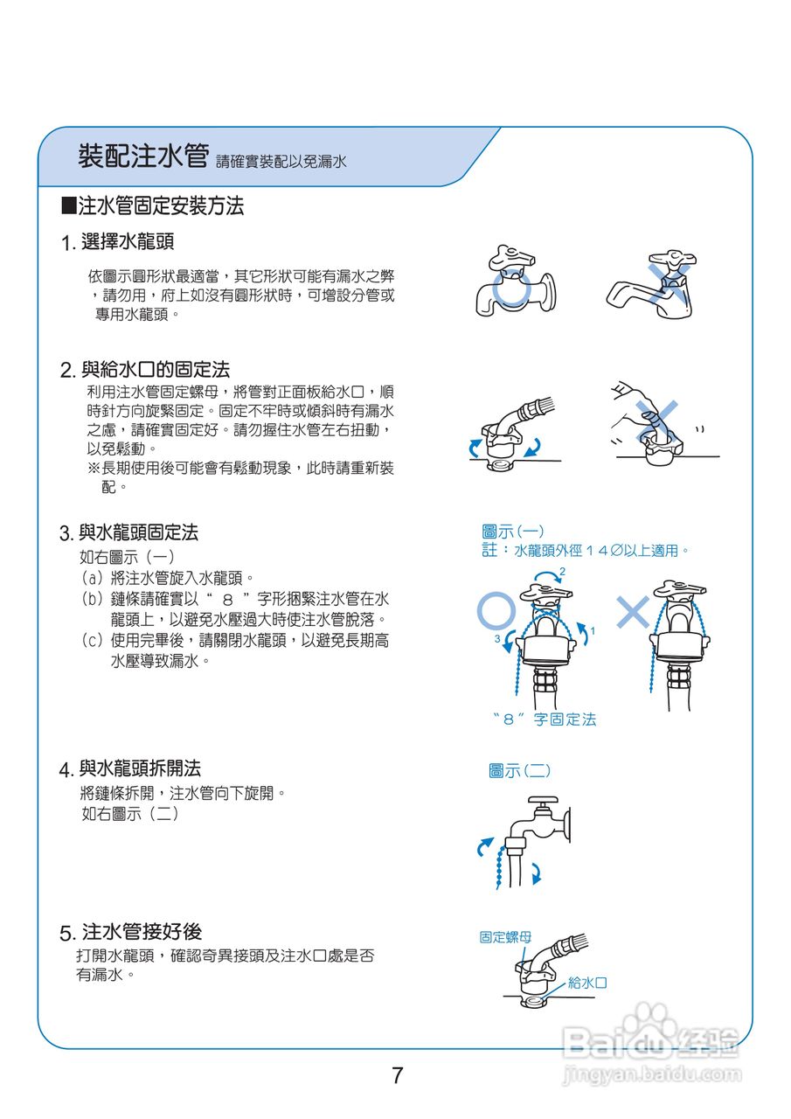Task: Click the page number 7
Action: (398, 1074)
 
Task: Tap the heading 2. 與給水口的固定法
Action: (145, 369)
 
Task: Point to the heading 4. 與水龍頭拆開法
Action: (130, 768)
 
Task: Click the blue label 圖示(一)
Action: (513, 532)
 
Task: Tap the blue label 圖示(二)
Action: (519, 770)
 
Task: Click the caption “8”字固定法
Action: (544, 719)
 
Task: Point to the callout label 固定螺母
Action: (505, 937)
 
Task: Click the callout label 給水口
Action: (587, 983)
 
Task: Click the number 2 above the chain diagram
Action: (562, 572)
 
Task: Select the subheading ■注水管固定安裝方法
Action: (153, 206)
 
